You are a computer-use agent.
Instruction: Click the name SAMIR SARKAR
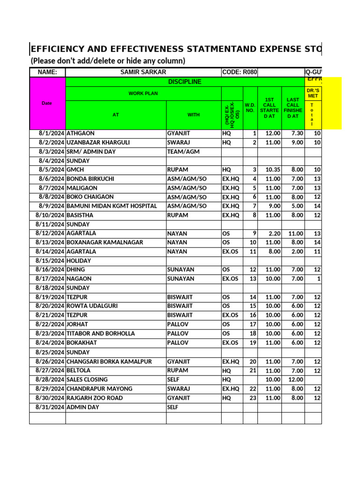[143, 72]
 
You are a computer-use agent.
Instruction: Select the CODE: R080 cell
[240, 72]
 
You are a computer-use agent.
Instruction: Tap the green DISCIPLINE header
[184, 82]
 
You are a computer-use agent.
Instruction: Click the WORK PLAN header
[143, 94]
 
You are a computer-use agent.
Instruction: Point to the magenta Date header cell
[47, 103]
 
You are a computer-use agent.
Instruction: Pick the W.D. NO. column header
[250, 108]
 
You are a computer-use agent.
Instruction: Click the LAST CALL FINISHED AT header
[292, 108]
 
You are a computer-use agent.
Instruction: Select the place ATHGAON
[81, 134]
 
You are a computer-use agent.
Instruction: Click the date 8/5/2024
[52, 170]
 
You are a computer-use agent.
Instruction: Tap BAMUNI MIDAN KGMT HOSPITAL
[112, 206]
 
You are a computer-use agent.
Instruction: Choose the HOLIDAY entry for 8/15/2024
[79, 261]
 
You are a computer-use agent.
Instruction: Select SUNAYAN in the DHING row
[180, 270]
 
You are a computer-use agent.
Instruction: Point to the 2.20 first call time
[274, 233]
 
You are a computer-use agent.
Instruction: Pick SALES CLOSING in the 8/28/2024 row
[87, 380]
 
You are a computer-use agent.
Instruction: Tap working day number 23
[253, 398]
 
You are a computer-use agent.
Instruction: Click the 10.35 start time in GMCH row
[272, 170]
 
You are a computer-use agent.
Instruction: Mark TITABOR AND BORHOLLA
[101, 334]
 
